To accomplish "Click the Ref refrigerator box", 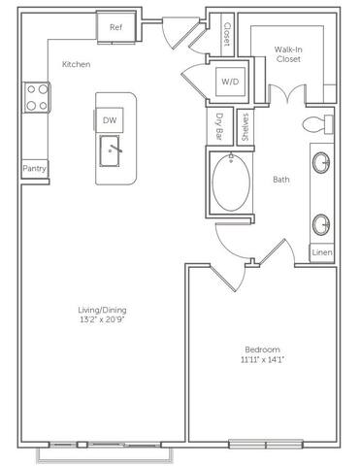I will click(x=115, y=28).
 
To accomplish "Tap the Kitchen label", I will click(x=77, y=64).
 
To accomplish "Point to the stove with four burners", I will click(x=37, y=96).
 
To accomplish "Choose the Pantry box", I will click(x=36, y=169).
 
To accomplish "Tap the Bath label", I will click(x=281, y=180).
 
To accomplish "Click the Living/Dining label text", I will click(x=102, y=311).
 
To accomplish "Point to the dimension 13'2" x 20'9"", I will click(x=102, y=321).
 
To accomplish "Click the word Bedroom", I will click(x=262, y=349).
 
